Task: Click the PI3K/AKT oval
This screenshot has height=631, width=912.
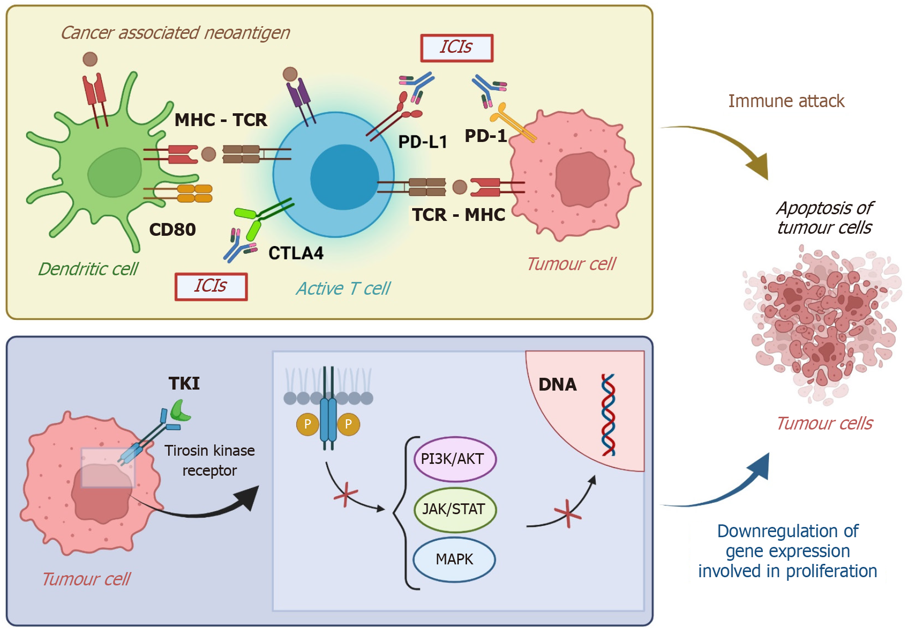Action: tap(455, 459)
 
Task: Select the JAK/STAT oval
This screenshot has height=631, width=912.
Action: tap(455, 510)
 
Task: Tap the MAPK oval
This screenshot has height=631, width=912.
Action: tap(454, 559)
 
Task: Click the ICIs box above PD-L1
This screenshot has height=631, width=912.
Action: tap(456, 48)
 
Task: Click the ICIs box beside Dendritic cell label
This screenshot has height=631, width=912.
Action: tap(211, 286)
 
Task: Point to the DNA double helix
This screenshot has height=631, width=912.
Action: tap(608, 415)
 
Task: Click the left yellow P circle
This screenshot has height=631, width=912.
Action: tap(308, 424)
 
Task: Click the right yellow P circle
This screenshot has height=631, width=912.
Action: tap(349, 424)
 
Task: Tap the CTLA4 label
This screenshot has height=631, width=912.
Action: tap(296, 253)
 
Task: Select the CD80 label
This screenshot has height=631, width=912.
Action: tap(172, 230)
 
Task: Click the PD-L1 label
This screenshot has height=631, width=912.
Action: tap(422, 142)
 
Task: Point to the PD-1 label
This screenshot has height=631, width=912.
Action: tap(485, 136)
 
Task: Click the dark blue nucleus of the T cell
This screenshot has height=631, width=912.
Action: tap(344, 177)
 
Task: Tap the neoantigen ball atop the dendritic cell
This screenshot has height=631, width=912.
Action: tap(90, 59)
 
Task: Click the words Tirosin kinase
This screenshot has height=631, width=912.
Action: tap(209, 451)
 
